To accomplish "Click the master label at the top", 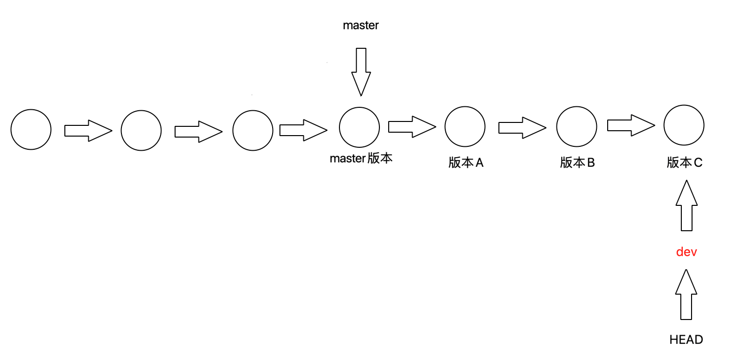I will (361, 26).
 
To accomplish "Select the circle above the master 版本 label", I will (359, 127).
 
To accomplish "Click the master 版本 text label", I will (361, 159).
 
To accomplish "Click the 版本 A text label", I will (466, 163).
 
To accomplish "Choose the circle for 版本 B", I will (577, 126).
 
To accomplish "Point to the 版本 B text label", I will (577, 163).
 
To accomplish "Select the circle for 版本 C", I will (684, 125).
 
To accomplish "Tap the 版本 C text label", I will (685, 163).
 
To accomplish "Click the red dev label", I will (686, 252).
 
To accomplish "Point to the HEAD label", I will (686, 340).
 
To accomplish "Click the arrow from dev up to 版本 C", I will (687, 205).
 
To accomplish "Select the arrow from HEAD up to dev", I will (686, 295).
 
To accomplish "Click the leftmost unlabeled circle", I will (31, 129).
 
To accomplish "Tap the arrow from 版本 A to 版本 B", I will (522, 128).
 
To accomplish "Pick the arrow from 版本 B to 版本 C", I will (631, 125).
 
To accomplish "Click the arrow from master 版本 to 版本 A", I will (412, 127).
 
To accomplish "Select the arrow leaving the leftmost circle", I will (88, 131).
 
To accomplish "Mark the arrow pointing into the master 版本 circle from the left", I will (303, 130).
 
